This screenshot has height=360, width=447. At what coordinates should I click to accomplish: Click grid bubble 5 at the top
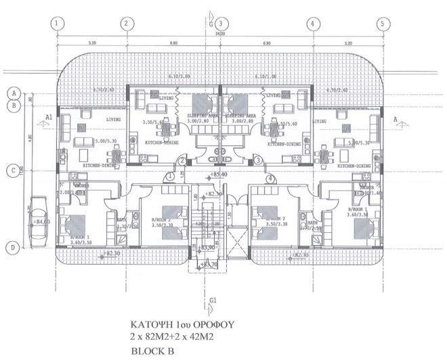383,22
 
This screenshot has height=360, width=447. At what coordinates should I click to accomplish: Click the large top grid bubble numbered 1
58,22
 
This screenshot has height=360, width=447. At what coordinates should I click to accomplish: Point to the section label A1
48,116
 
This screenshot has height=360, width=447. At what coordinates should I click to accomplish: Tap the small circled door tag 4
271,179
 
